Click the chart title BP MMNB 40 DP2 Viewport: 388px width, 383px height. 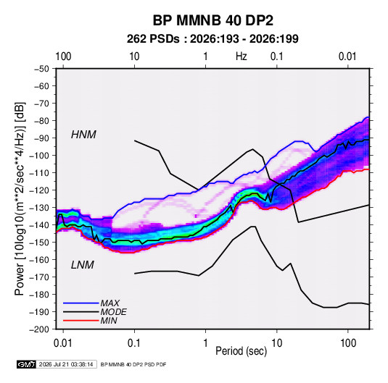click(x=212, y=20)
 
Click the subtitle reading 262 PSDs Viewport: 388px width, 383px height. click(x=153, y=39)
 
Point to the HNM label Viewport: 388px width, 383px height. click(x=83, y=135)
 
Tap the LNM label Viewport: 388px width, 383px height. click(x=83, y=265)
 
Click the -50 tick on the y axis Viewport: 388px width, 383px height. click(x=42, y=69)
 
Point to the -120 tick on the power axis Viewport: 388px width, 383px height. click(x=40, y=190)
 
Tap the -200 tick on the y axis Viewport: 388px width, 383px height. click(x=40, y=329)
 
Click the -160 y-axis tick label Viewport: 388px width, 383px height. click(x=40, y=260)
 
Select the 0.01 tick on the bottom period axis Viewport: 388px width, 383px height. click(x=63, y=343)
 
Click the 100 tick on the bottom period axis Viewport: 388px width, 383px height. click(x=348, y=343)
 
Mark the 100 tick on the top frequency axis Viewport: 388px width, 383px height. click(x=63, y=56)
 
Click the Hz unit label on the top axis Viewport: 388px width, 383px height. click(x=242, y=56)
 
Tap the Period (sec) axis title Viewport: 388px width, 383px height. click(x=242, y=351)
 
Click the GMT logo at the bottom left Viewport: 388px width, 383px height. click(x=27, y=364)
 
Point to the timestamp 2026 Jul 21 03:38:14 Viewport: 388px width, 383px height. click(x=66, y=364)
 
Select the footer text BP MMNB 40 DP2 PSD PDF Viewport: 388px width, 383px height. click(x=133, y=364)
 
